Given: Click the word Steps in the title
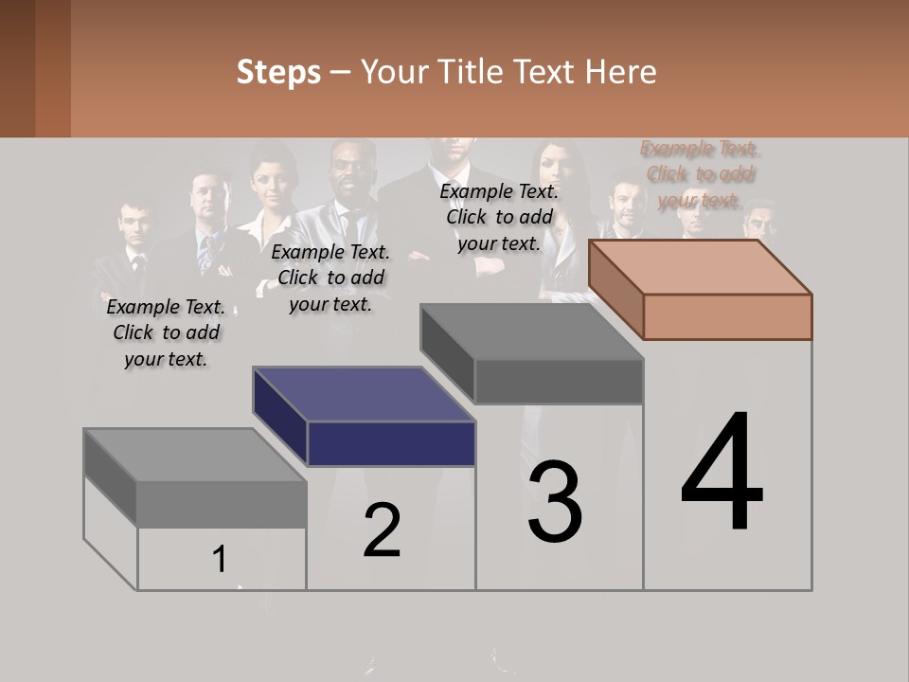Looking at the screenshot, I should click(x=278, y=72).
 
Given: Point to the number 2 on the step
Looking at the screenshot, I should click(x=382, y=529).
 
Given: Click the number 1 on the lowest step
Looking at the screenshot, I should click(x=220, y=559).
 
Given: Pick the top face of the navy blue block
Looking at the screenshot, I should click(x=364, y=394).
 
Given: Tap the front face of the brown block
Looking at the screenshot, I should click(x=727, y=316).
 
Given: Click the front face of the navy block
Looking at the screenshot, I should click(x=391, y=443).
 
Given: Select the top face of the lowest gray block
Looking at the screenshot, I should click(x=195, y=455).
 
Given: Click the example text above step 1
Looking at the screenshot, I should click(x=166, y=332).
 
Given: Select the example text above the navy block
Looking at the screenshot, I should click(x=330, y=278).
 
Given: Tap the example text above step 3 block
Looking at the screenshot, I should click(x=499, y=217).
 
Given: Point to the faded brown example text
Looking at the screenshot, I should click(x=700, y=174).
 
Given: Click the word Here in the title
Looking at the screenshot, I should click(x=621, y=72).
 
